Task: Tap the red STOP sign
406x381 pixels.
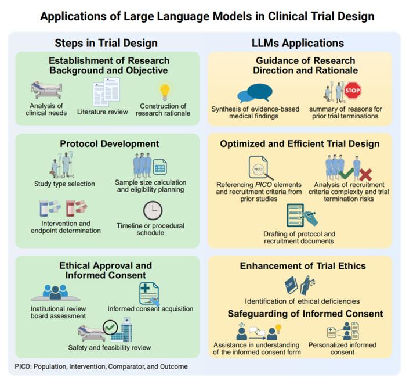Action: [x=353, y=91]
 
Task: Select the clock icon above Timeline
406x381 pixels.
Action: [x=153, y=210]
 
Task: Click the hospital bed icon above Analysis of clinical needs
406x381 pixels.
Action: [x=47, y=90]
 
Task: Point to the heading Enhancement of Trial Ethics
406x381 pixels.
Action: [x=303, y=267]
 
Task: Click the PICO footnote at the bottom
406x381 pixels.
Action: [x=101, y=366]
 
